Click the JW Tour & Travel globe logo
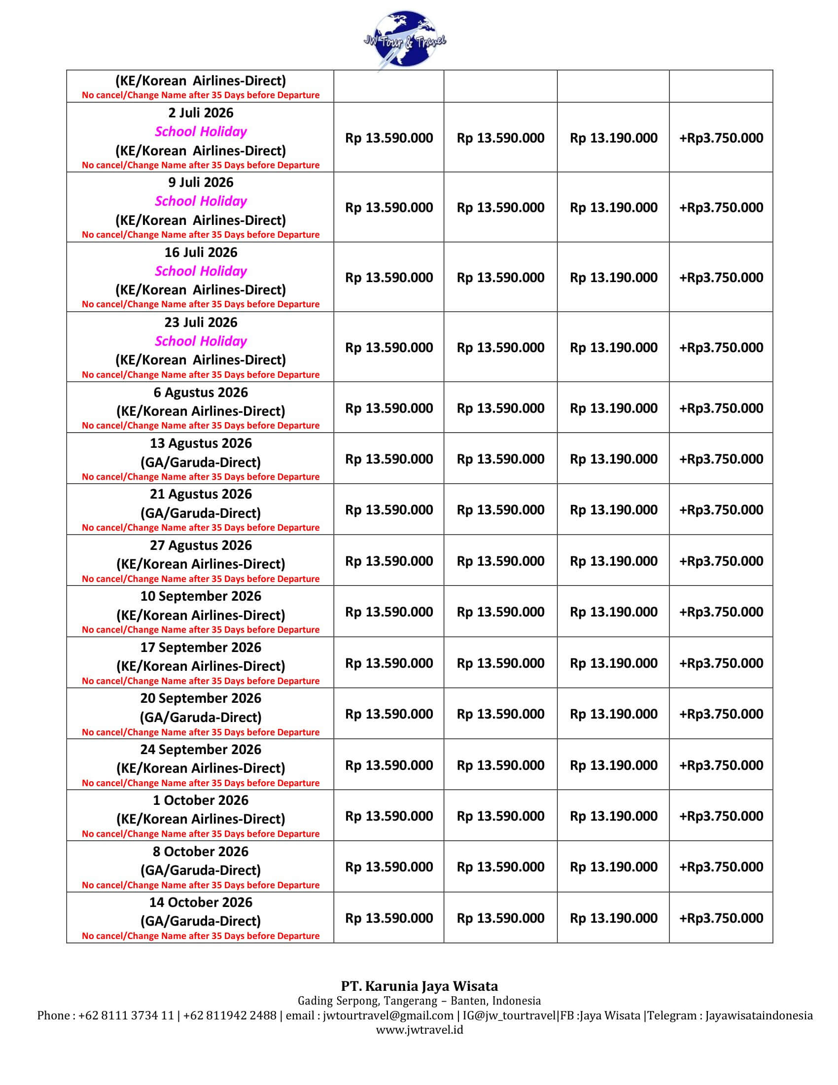[404, 40]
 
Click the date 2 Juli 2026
[201, 113]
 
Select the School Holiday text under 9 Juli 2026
[201, 201]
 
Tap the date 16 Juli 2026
[201, 253]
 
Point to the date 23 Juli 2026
[201, 323]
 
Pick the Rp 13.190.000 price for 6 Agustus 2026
[614, 408]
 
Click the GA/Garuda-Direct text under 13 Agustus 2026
[201, 462]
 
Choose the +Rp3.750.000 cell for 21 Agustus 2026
[721, 510]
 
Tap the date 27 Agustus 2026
[201, 545]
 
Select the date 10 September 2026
[201, 596]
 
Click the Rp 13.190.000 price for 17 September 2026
[614, 663]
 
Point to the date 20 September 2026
[201, 698]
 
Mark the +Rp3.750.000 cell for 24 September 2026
[721, 765]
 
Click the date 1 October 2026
[201, 800]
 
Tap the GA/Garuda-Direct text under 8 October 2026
[201, 870]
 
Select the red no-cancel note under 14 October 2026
[201, 936]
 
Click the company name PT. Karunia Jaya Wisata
[419, 986]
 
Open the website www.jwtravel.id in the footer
[419, 1030]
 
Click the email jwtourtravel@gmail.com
[388, 1015]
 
